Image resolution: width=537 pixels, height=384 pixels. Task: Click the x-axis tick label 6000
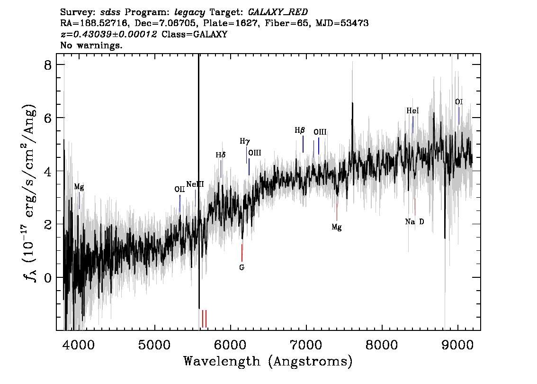(x=230, y=345)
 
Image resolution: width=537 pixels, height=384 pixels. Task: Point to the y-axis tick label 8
(x=48, y=65)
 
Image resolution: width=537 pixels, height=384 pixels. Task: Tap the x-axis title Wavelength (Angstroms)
(x=268, y=361)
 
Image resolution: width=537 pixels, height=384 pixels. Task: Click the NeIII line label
(x=195, y=184)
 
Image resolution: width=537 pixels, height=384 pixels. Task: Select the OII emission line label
(x=179, y=189)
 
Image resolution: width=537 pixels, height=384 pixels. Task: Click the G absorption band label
(x=242, y=267)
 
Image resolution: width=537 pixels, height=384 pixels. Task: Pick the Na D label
(x=414, y=222)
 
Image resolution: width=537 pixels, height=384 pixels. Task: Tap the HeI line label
(x=412, y=111)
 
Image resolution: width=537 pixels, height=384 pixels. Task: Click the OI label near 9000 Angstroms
(x=459, y=102)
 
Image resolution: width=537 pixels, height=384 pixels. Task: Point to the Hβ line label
(x=300, y=130)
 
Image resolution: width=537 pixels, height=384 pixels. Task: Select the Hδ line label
(x=221, y=155)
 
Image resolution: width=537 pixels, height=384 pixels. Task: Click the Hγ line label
(x=245, y=141)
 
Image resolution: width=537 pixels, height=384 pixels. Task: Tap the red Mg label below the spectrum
(x=337, y=227)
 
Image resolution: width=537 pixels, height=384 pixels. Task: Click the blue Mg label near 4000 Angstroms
(x=79, y=187)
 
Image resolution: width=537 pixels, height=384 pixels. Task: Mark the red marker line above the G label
(x=242, y=253)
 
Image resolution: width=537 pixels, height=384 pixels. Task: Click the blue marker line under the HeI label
(x=412, y=125)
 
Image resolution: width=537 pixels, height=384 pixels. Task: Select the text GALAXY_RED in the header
(x=278, y=12)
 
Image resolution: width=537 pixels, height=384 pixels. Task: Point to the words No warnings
(x=91, y=45)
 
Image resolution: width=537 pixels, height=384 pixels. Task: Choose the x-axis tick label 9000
(x=457, y=345)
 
